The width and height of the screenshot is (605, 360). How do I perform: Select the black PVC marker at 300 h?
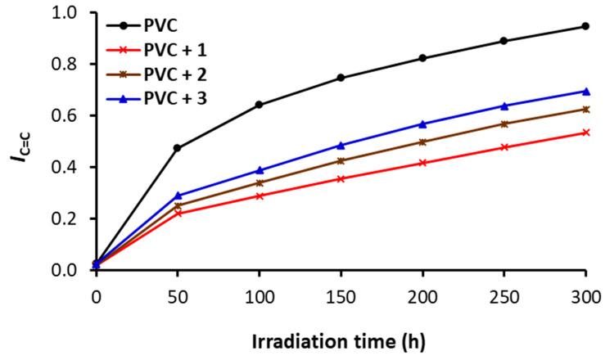tap(585, 26)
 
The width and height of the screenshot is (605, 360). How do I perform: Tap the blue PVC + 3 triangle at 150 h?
tap(341, 145)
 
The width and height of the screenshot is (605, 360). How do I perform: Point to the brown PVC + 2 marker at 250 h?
tap(504, 124)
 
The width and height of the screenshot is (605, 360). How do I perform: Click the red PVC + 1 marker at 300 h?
tap(585, 132)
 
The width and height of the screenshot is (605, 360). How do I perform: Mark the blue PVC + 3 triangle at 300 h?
tap(585, 91)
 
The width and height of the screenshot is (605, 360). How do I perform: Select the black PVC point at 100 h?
tap(260, 105)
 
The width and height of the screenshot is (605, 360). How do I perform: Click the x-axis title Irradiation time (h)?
tap(341, 339)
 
